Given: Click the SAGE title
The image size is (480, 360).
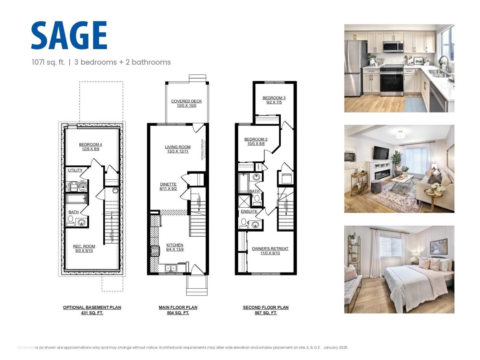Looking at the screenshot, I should click(69, 35).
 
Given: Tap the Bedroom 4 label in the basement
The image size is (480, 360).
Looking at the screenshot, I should click(90, 145).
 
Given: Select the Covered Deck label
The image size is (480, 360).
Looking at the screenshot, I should click(186, 101).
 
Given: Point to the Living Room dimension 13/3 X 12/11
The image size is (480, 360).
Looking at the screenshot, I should click(178, 151).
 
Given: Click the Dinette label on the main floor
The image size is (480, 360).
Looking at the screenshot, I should click(168, 184).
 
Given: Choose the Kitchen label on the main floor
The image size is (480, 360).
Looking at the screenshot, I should click(175, 245).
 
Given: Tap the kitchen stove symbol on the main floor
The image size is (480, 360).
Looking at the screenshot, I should click(155, 251).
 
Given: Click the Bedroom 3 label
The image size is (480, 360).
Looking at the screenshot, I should click(274, 98).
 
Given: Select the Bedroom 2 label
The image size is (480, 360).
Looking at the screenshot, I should click(256, 139).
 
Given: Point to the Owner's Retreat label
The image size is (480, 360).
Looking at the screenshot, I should click(270, 249).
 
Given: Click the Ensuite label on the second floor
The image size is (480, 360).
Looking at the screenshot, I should click(249, 211).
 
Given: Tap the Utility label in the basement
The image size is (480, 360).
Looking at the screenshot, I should click(75, 170).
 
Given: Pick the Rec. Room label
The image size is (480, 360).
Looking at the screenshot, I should click(84, 246).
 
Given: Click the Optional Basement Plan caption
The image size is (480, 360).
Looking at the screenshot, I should click(92, 307).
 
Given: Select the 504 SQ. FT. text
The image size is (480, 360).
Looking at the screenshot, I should click(178, 313).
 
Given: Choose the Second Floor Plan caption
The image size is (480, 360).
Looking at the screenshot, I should click(265, 307).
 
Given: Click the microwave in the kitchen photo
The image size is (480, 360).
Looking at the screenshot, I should click(393, 46).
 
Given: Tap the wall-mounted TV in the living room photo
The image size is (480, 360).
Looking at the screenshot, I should click(381, 153).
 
